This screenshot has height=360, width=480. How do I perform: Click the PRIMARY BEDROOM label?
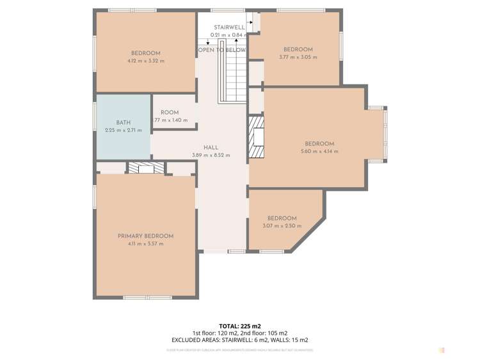145,236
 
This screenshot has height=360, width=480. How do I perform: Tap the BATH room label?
123,122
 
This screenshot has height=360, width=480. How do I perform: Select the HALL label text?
211,147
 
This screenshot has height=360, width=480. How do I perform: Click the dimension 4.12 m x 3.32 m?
145,61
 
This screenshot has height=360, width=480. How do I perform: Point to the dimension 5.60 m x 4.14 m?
319,152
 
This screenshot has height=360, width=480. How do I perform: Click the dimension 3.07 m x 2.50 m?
282,225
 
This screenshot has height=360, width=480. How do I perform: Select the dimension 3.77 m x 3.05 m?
298,57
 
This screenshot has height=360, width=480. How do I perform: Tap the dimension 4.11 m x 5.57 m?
145,243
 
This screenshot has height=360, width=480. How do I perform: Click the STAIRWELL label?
229,28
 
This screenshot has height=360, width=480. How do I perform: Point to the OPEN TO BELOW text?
221,49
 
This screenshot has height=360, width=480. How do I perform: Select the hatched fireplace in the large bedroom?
256,136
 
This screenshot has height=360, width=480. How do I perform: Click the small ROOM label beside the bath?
170,113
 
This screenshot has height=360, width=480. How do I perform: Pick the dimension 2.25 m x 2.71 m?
123,130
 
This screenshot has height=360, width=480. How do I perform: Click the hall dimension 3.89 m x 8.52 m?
211,155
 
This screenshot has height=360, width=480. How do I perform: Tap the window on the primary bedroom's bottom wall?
147,297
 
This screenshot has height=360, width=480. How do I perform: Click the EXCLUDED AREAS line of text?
239,340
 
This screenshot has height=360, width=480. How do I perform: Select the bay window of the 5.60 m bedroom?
385,134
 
